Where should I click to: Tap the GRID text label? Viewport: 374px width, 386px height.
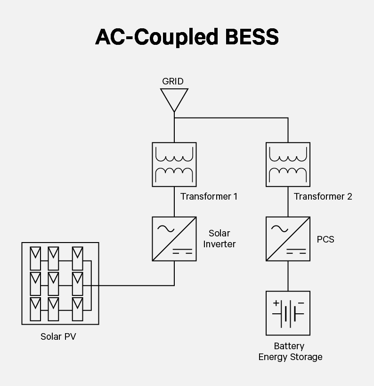[173, 81]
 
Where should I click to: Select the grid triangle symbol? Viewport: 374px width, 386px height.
[174, 100]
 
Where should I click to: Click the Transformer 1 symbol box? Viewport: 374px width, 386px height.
[174, 164]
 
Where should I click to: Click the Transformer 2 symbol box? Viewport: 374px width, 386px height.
[288, 164]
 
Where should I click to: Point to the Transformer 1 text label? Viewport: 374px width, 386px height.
[209, 196]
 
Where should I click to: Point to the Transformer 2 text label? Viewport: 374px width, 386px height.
[323, 196]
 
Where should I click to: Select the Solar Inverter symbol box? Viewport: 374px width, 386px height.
[174, 239]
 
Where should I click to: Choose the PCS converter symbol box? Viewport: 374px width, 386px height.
[288, 239]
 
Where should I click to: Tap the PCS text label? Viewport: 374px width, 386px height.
[325, 239]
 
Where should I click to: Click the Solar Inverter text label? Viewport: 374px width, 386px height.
[220, 239]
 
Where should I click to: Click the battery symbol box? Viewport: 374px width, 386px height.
[288, 313]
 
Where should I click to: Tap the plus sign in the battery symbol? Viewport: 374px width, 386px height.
[276, 303]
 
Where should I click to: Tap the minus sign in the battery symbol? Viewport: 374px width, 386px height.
[301, 303]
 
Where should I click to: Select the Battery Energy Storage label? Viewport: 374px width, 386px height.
[290, 352]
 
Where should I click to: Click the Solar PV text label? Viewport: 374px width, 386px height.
[58, 337]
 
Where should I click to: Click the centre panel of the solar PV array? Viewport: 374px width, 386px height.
[53, 283]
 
